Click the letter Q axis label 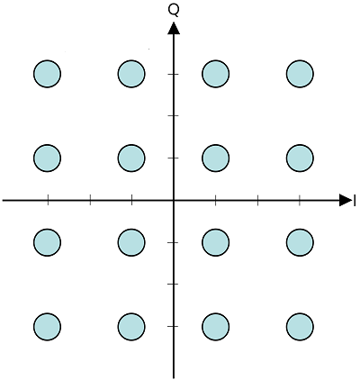tap(174, 10)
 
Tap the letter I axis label tap(355, 201)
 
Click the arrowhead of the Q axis tap(174, 28)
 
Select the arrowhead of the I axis tap(346, 200)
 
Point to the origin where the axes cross tap(174, 200)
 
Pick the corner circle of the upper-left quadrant tap(47, 74)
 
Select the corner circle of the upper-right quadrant tap(300, 74)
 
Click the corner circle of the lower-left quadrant tap(47, 327)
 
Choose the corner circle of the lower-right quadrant tap(300, 327)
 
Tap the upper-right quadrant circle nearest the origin tap(216, 158)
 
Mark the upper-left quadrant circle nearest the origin tap(131, 158)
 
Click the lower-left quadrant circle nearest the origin tap(131, 242)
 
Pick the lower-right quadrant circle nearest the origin tap(216, 242)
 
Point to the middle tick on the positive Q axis tap(174, 115)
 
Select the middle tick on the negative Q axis tap(174, 284)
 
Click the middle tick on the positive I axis tap(258, 200)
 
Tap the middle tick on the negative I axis tap(90, 200)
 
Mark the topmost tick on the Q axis tap(174, 74)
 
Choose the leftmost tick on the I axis tap(48, 200)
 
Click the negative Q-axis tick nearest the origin tap(174, 242)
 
